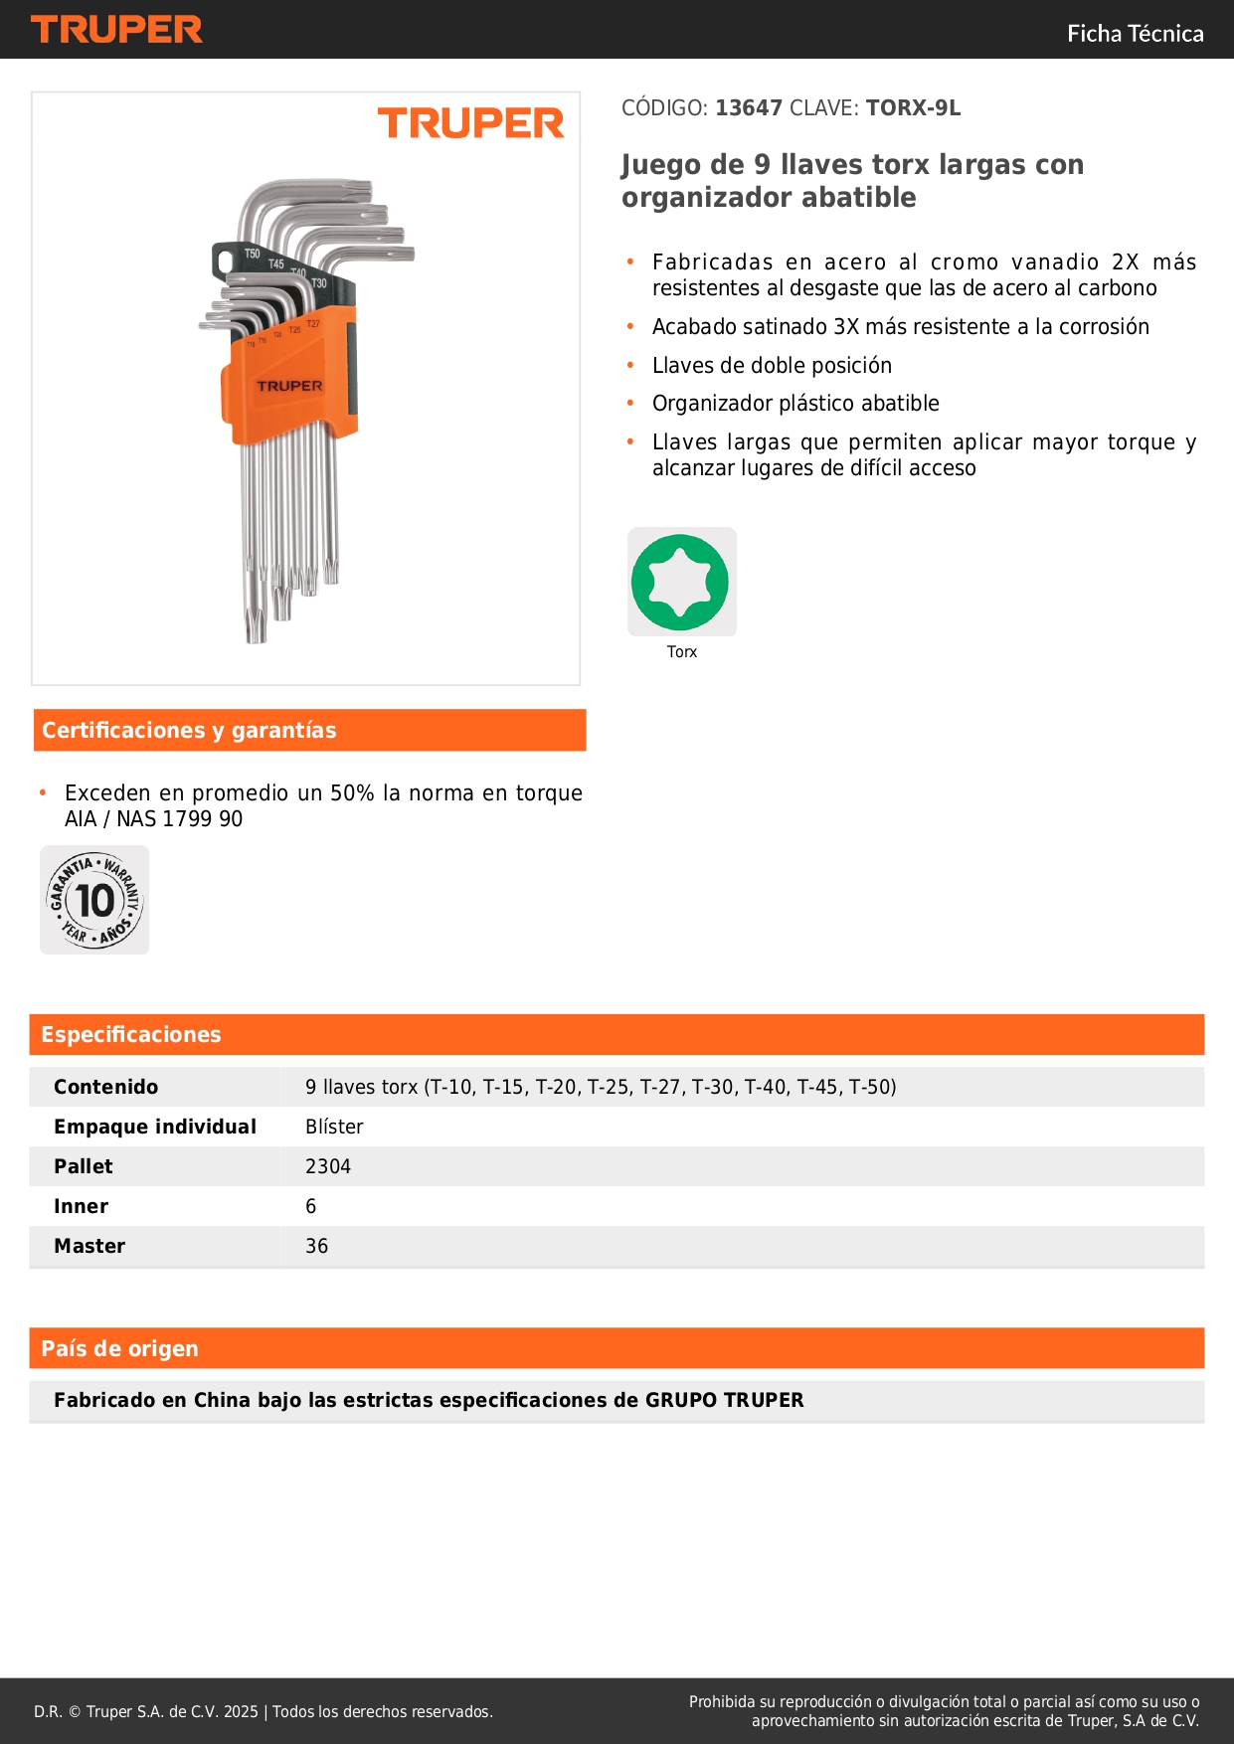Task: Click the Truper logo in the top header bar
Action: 116,30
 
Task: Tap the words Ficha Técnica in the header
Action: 1135,34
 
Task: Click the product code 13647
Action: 749,108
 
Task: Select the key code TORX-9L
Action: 913,108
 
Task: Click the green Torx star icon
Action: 681,582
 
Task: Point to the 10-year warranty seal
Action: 94,900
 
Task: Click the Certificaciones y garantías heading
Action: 189,731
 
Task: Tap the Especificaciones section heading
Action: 131,1035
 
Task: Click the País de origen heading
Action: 119,1349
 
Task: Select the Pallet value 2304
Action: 328,1167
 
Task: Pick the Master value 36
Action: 316,1247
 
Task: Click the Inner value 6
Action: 311,1207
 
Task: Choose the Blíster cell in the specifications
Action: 334,1128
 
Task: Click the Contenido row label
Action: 105,1088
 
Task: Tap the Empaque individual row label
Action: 155,1128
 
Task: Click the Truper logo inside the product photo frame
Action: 470,123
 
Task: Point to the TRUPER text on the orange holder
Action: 289,386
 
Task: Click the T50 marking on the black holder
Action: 253,255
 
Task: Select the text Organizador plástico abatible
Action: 795,404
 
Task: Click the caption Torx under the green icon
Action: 681,652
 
